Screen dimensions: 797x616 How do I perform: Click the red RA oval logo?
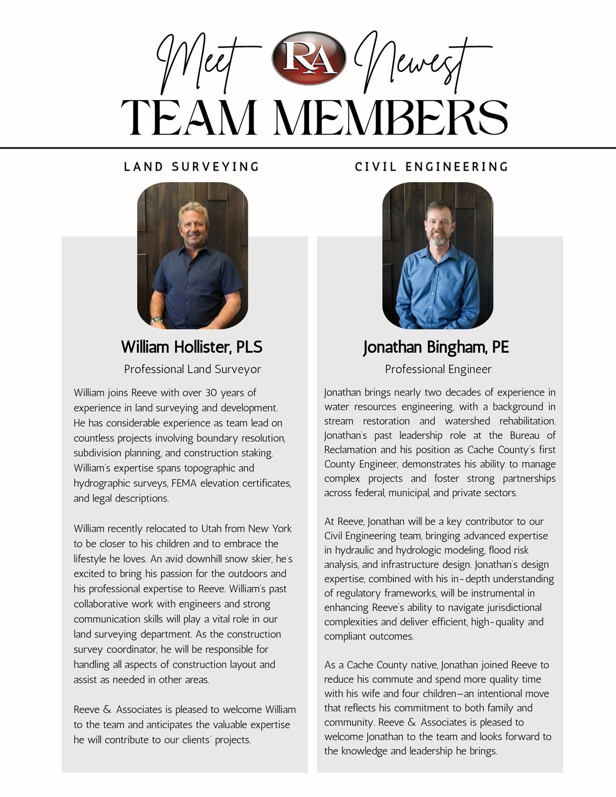(x=309, y=58)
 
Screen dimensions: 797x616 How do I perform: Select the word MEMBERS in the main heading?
(x=391, y=118)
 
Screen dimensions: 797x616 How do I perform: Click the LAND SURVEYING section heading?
(x=191, y=167)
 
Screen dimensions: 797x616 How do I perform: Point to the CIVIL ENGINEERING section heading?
(x=431, y=167)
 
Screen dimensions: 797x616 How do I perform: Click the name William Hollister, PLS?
(x=191, y=347)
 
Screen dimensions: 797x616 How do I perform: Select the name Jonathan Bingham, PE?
(x=436, y=347)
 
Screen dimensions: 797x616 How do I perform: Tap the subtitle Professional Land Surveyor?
(x=192, y=369)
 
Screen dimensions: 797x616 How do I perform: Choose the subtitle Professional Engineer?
(x=438, y=369)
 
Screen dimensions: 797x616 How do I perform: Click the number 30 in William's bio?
(x=211, y=393)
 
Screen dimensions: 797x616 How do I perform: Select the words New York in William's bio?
(x=269, y=529)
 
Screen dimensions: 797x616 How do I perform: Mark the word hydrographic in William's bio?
(x=99, y=483)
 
